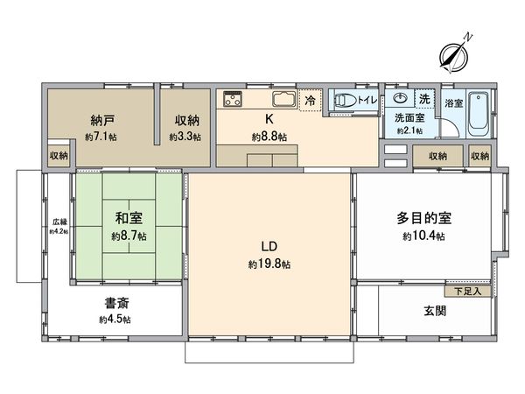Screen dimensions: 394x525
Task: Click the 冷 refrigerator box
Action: click(310, 101)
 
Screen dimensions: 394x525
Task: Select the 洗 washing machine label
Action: click(424, 99)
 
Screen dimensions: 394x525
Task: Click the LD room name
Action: click(269, 246)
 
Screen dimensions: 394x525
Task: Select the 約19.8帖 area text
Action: click(269, 264)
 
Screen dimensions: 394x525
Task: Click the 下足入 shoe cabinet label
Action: click(463, 291)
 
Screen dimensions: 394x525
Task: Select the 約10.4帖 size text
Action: click(423, 236)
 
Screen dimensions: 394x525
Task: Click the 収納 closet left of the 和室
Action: click(59, 156)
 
